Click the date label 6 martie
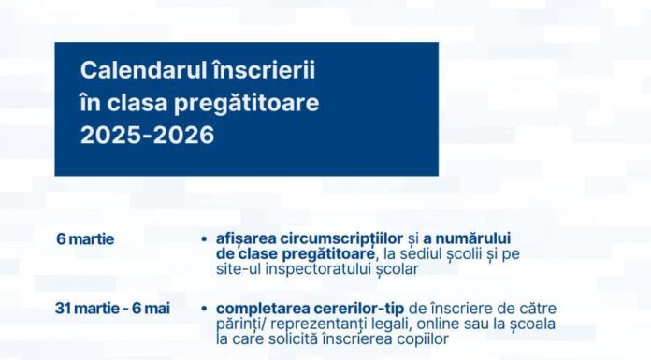point(85,238)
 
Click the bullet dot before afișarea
point(204,238)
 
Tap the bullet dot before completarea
point(204,307)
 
